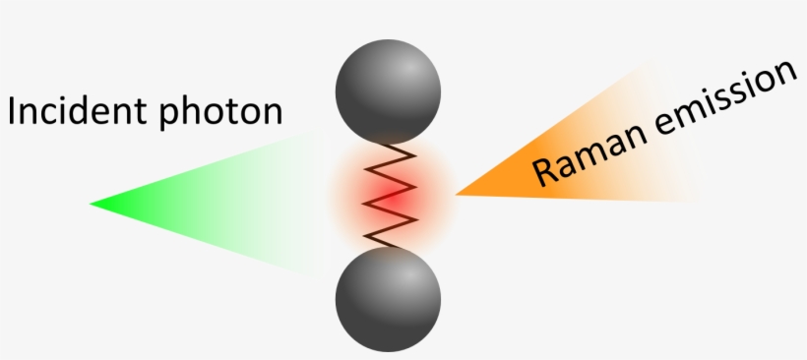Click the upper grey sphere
tap(387, 90)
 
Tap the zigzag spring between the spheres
tap(388, 194)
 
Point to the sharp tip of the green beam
tap(92, 204)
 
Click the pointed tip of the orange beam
tap(457, 194)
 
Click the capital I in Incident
tap(13, 110)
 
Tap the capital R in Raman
tap(545, 169)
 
